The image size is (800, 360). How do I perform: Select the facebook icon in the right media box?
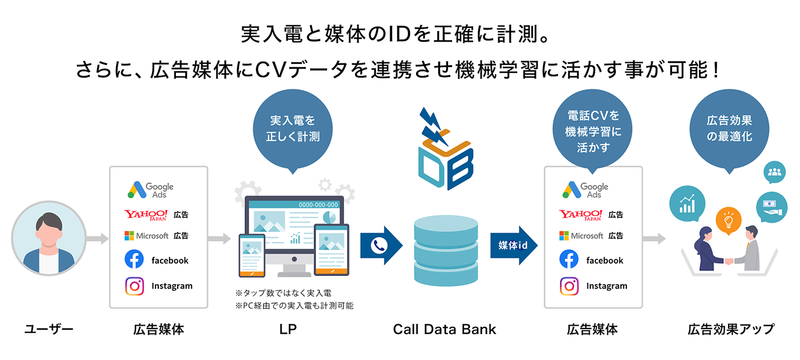tap(569, 260)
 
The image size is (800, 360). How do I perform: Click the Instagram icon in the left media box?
tap(134, 286)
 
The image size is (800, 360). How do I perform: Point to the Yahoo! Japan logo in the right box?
tap(581, 215)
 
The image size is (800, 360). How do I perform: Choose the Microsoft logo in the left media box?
tap(146, 235)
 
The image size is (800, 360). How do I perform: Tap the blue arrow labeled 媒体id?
tap(514, 245)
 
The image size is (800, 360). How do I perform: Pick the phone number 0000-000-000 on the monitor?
tap(318, 205)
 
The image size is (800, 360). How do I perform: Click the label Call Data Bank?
tap(444, 329)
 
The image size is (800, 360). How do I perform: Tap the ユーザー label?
tap(49, 329)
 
